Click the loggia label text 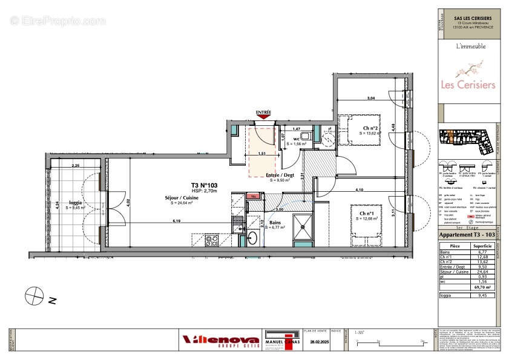pyautogui.click(x=75, y=203)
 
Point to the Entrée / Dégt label pyautogui.click(x=279, y=175)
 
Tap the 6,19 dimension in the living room pyautogui.click(x=176, y=221)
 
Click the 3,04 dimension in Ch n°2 pyautogui.click(x=370, y=98)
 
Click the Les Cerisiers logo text pyautogui.click(x=467, y=85)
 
